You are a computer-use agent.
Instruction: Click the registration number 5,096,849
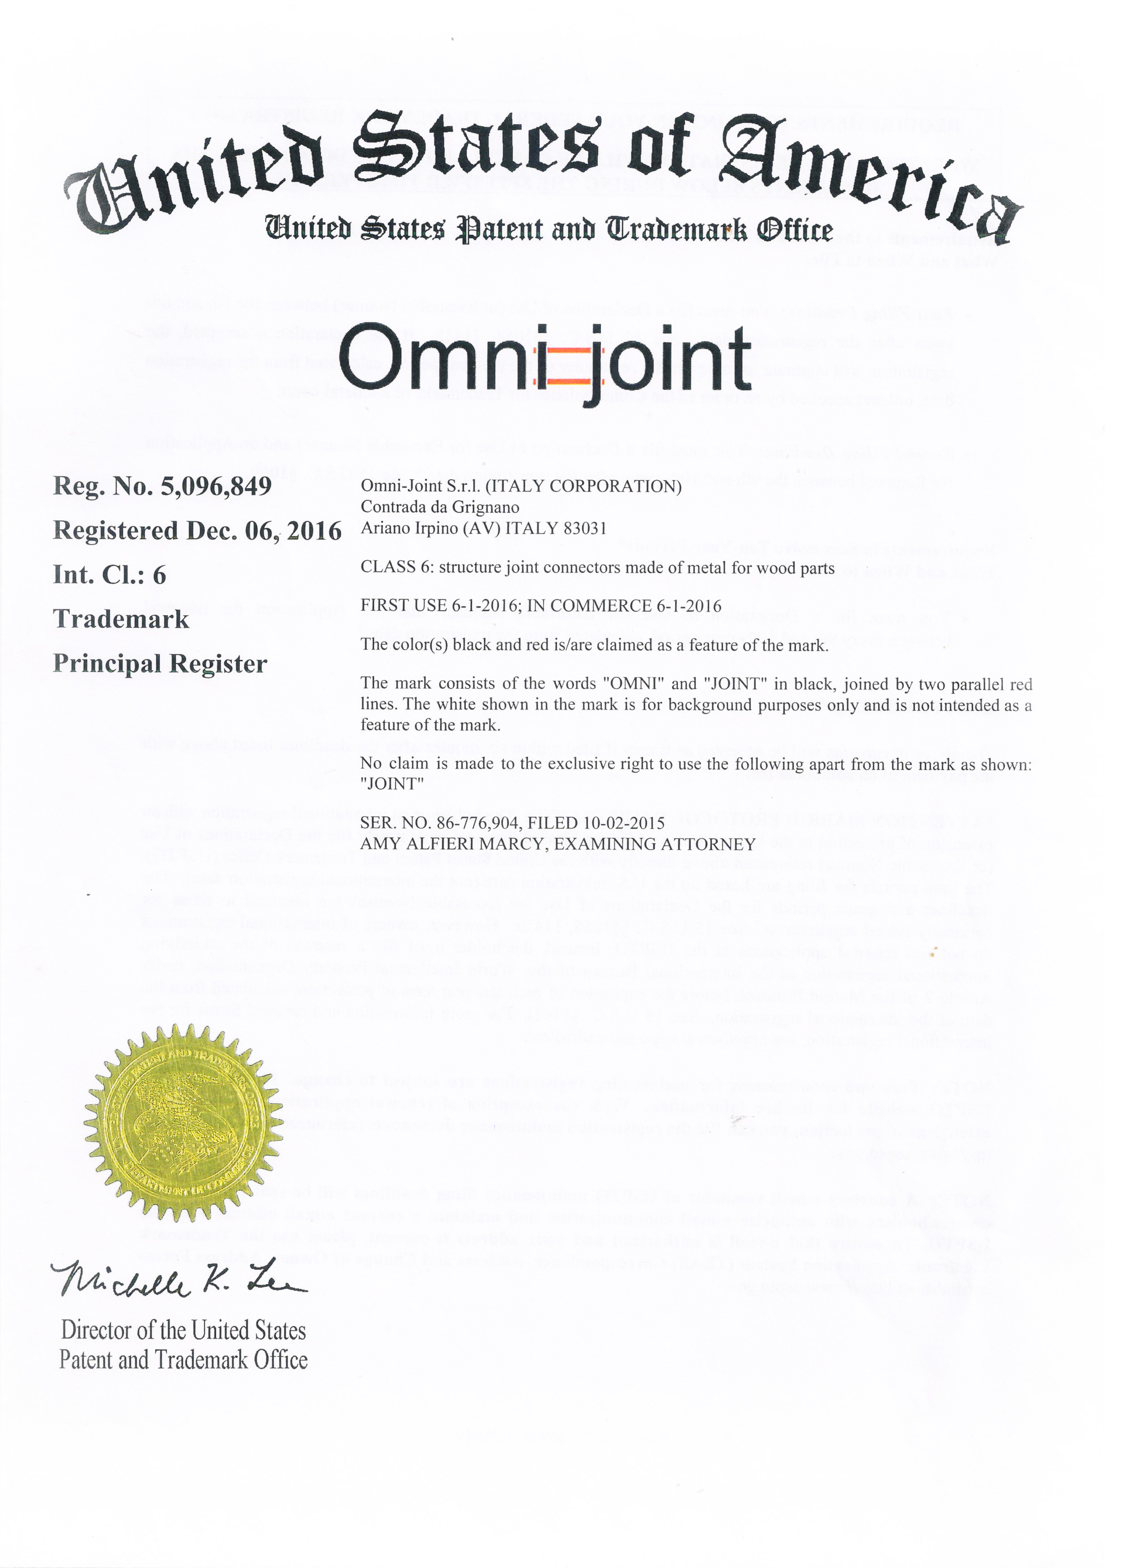[x=216, y=487]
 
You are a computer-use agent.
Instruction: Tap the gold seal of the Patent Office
[x=184, y=1124]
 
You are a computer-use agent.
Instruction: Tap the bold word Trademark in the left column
[x=121, y=619]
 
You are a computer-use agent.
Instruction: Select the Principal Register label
[x=160, y=664]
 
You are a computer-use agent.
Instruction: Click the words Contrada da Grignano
[x=440, y=507]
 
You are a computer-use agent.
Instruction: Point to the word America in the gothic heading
[x=865, y=176]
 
